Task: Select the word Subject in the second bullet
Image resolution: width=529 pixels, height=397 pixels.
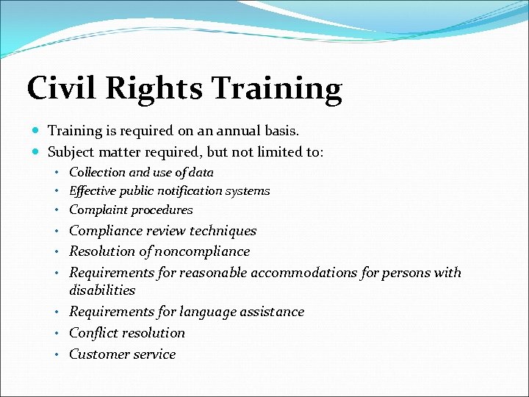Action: tap(71, 152)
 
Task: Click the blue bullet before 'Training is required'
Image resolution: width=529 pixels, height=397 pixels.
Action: tap(37, 131)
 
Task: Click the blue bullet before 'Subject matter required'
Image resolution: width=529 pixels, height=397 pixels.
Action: tap(37, 152)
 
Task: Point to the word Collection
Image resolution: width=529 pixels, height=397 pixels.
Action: tap(97, 173)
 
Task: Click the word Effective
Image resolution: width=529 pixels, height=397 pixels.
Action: tap(94, 191)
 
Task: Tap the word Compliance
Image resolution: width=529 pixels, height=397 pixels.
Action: tap(105, 231)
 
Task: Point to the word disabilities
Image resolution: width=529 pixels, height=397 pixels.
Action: tap(102, 290)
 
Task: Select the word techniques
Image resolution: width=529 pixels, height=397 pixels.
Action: tap(223, 231)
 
